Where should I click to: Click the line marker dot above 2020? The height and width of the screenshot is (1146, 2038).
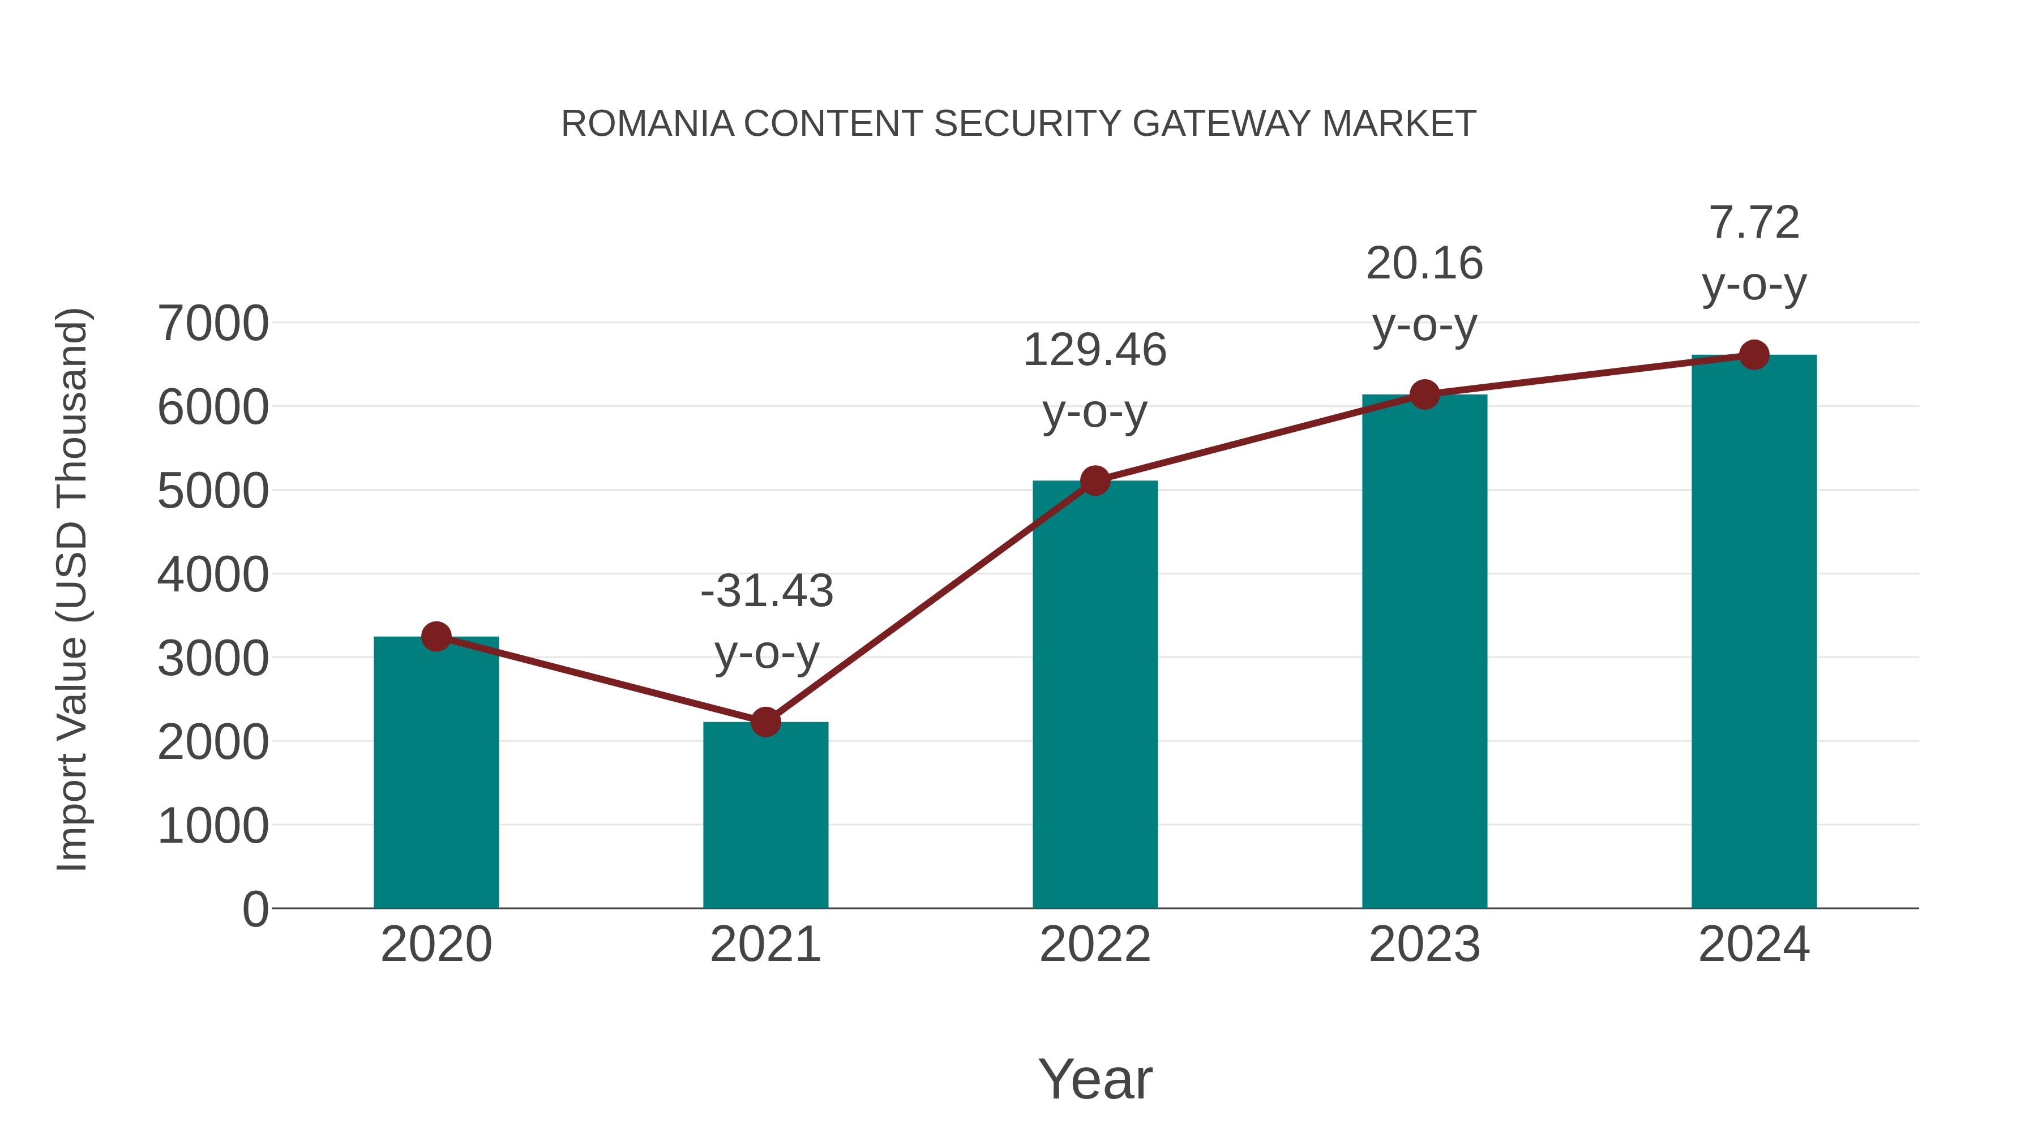(436, 636)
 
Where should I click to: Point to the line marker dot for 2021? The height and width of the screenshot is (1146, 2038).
(765, 722)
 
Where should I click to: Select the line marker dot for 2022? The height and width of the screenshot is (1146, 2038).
(1095, 480)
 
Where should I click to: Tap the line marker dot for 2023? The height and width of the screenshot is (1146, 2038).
(1424, 394)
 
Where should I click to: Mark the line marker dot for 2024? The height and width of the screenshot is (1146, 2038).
(1754, 354)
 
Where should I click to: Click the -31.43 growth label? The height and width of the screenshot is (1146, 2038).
(767, 591)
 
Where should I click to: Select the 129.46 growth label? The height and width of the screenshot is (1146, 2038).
(1094, 350)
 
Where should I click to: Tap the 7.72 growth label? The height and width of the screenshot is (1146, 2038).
(1754, 222)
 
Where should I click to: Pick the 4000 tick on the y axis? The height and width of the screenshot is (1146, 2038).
(213, 574)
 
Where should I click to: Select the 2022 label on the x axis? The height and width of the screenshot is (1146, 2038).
(1095, 945)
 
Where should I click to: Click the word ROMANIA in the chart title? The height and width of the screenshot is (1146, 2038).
(647, 124)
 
